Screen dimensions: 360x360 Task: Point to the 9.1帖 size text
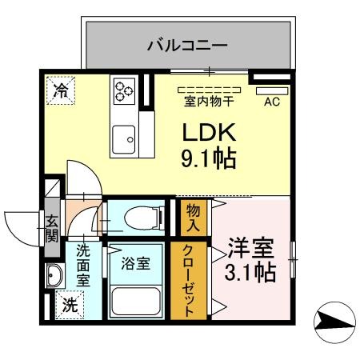point(209,158)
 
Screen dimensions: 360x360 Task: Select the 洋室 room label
point(253,246)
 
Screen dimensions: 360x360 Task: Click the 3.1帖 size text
point(253,272)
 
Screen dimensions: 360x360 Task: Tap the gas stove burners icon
point(124,90)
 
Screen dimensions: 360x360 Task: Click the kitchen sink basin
point(124,141)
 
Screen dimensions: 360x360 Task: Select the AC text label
point(271,102)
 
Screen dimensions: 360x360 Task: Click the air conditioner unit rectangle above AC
point(271,90)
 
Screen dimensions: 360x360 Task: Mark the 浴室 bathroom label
point(135,262)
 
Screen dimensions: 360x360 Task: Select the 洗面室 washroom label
point(83,265)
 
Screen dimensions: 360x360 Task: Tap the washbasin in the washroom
point(55,278)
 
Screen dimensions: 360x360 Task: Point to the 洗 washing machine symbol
point(70,304)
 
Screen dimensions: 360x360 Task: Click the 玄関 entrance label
point(52,227)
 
